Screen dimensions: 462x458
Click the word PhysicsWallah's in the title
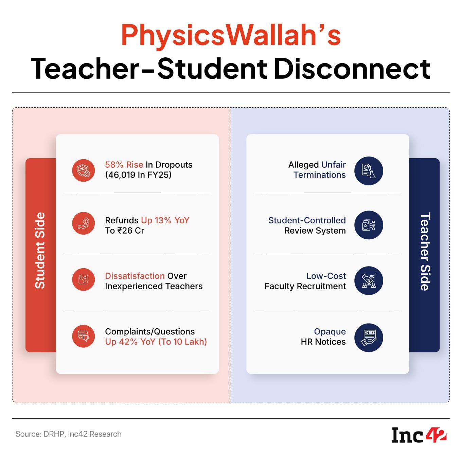point(231,35)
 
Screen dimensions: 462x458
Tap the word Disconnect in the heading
point(352,69)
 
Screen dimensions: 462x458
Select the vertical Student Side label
point(40,250)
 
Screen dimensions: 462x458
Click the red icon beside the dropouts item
point(84,170)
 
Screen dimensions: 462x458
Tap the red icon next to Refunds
point(84,223)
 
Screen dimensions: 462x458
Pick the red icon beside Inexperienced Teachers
point(84,279)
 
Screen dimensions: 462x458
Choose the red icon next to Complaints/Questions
point(84,336)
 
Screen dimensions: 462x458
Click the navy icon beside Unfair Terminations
point(369,171)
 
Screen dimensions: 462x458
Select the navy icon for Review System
point(369,225)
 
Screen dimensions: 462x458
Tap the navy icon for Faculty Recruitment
point(369,280)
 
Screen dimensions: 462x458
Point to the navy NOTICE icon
point(369,338)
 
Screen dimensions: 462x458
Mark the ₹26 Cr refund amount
point(131,231)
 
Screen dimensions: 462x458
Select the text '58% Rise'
point(124,165)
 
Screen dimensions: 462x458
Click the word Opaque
point(330,332)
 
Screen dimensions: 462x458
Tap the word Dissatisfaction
point(135,276)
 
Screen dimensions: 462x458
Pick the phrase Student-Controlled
point(307,220)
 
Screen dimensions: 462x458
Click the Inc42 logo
point(419,435)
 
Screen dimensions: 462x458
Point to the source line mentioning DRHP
point(69,434)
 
